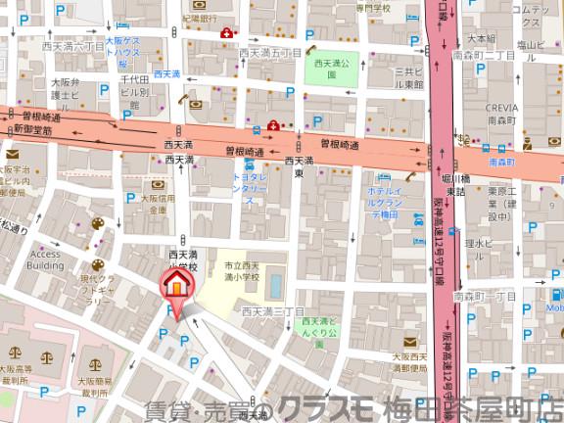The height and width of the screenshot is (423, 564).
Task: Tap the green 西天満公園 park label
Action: (x=324, y=68)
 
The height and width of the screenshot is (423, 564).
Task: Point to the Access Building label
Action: (x=46, y=260)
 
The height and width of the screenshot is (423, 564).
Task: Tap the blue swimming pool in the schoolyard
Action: (x=276, y=286)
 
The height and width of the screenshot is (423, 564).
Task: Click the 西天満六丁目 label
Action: (x=71, y=46)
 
